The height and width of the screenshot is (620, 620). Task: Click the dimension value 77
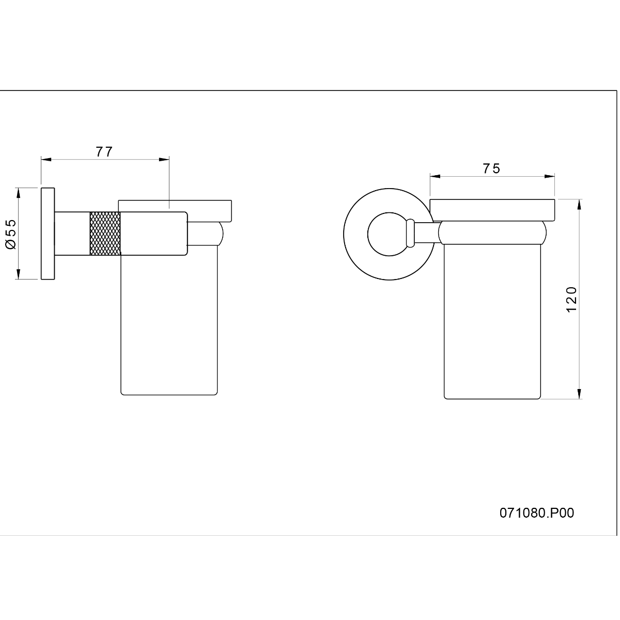104,151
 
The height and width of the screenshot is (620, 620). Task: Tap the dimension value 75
492,168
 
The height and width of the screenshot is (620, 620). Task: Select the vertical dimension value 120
571,299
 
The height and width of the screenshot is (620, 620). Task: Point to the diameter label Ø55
11,234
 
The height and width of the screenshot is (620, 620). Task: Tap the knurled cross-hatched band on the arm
105,234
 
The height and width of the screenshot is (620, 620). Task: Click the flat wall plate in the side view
48,234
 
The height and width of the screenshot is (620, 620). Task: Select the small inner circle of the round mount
390,234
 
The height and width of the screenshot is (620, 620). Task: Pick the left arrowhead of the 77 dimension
47,159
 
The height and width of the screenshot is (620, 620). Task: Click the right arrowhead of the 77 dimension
164,159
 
